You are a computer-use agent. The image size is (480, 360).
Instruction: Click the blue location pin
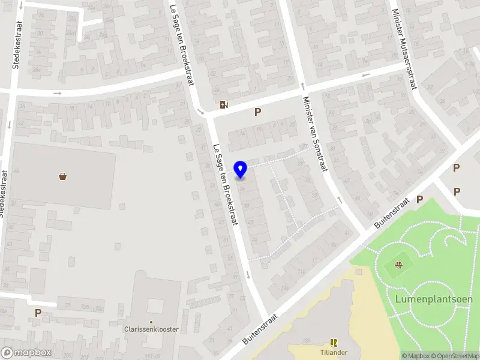(x=241, y=169)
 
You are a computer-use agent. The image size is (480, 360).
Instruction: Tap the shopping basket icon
(x=63, y=176)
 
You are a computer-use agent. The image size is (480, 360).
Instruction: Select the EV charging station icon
(x=224, y=104)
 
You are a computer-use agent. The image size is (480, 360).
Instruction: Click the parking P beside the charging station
(x=258, y=112)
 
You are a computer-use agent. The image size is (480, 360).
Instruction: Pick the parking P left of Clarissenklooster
(x=38, y=313)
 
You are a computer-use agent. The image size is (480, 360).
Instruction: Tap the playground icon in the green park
(x=398, y=265)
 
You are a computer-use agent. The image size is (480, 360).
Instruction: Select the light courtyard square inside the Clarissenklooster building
(x=155, y=305)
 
